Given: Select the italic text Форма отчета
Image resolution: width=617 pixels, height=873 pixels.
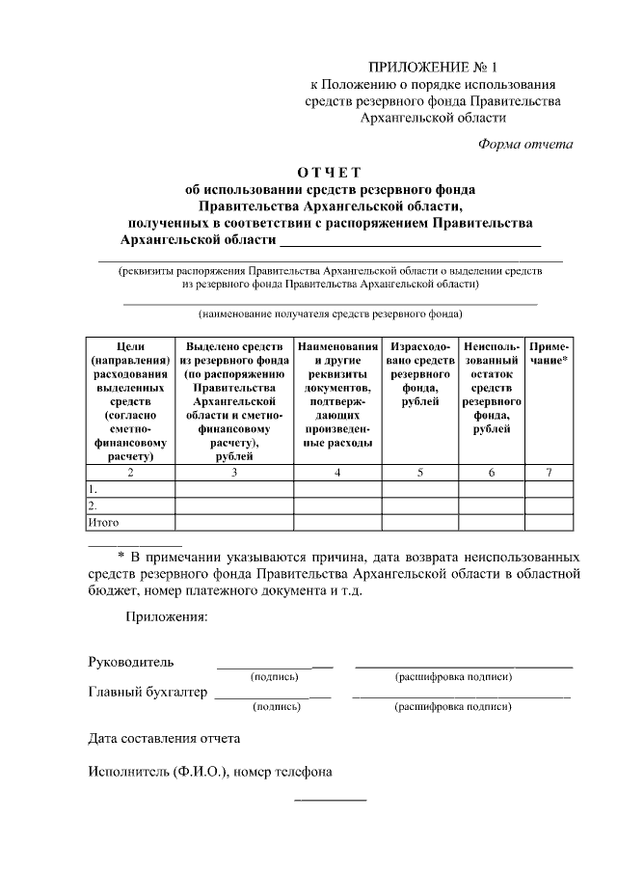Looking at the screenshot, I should [525, 145].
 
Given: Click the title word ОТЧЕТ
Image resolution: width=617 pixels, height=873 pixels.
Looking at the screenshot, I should [329, 173].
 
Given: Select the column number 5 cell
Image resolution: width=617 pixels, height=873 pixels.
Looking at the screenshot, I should [419, 473].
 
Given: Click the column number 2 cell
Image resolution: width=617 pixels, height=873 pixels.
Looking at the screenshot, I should [130, 473].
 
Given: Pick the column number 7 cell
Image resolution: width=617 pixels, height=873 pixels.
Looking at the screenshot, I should [549, 473].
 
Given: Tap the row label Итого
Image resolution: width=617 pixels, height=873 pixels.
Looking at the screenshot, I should [103, 522].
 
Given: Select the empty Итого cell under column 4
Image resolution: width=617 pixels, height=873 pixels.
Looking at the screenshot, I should [337, 522].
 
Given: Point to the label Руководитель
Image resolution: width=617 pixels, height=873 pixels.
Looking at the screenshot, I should [131, 662].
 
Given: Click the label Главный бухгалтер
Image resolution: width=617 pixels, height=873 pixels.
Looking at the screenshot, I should [148, 692].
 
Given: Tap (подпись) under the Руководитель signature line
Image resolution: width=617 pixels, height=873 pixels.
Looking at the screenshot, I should [276, 677].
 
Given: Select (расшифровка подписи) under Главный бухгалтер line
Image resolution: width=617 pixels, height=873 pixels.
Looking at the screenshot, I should [453, 707].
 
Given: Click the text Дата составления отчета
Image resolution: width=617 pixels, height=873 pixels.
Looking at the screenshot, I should [164, 739].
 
